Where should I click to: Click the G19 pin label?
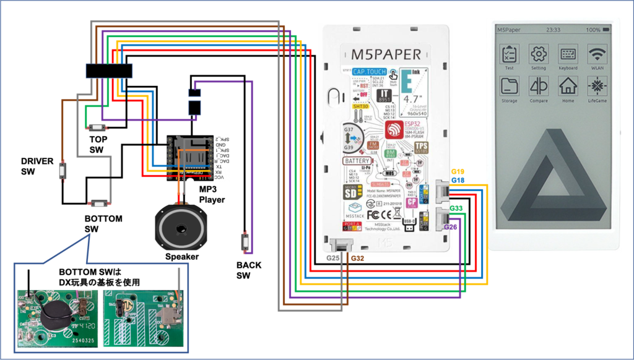457,171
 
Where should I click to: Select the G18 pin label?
457,180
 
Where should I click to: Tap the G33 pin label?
457,208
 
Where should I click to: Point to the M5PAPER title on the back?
386,54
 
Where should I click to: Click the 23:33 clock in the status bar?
554,29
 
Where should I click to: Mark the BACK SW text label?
248,270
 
